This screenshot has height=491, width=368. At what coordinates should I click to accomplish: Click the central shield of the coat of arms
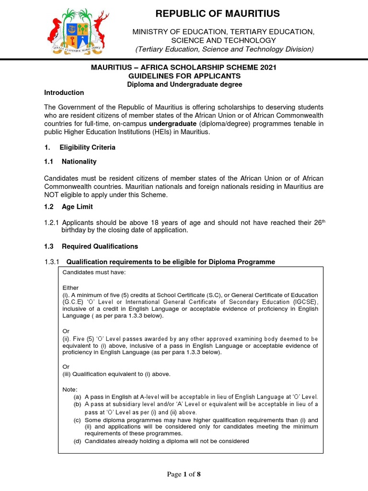tap(78, 32)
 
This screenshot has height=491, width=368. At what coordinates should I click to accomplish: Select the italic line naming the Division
tap(224, 49)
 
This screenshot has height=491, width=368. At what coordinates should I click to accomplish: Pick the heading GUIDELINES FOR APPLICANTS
tap(184, 76)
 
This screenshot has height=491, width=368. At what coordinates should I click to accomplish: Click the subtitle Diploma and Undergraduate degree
tap(184, 84)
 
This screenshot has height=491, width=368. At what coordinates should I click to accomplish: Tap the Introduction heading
tap(64, 93)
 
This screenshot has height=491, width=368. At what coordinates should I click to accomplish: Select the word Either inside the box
tap(70, 288)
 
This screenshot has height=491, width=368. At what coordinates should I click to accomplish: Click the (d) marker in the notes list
tap(77, 441)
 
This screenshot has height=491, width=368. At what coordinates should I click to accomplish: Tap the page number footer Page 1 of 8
tap(184, 474)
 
